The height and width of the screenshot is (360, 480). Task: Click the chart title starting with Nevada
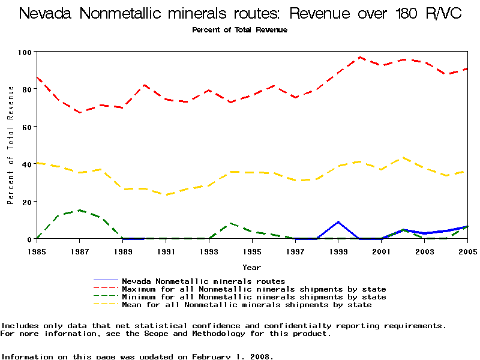coord(240,13)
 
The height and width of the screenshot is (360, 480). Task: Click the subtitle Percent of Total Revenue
coord(239,30)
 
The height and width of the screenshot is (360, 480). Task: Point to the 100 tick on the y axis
coord(25,52)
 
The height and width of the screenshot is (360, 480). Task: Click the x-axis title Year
coord(251,267)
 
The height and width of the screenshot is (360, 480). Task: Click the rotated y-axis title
coord(11,145)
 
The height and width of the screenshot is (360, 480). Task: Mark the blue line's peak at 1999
coord(338,222)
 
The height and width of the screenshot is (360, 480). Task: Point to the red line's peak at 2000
coord(360,58)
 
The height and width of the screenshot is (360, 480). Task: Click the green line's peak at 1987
coord(79,210)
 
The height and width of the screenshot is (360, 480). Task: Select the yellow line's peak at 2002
coord(403,158)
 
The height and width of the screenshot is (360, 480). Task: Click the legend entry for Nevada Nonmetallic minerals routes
coord(203,281)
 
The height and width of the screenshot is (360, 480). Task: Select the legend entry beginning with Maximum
coord(254,289)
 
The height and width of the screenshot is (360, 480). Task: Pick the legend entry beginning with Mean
coord(247,305)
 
